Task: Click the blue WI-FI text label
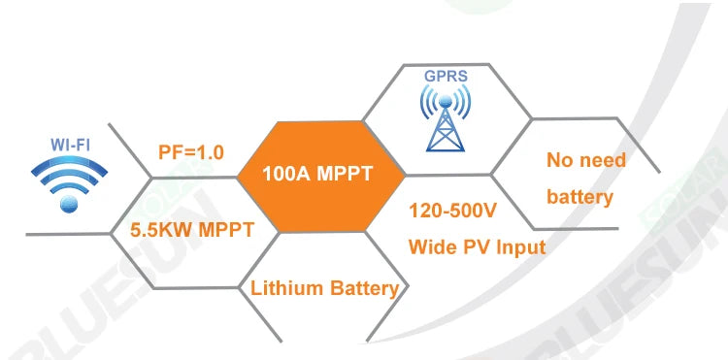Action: [69, 144]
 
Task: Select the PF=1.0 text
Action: [191, 152]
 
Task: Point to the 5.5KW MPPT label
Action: [192, 231]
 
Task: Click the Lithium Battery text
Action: [324, 288]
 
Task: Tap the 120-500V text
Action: [453, 208]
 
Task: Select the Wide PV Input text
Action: [477, 246]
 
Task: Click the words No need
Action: [586, 160]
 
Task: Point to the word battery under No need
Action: [579, 197]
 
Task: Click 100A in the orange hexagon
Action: [286, 176]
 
